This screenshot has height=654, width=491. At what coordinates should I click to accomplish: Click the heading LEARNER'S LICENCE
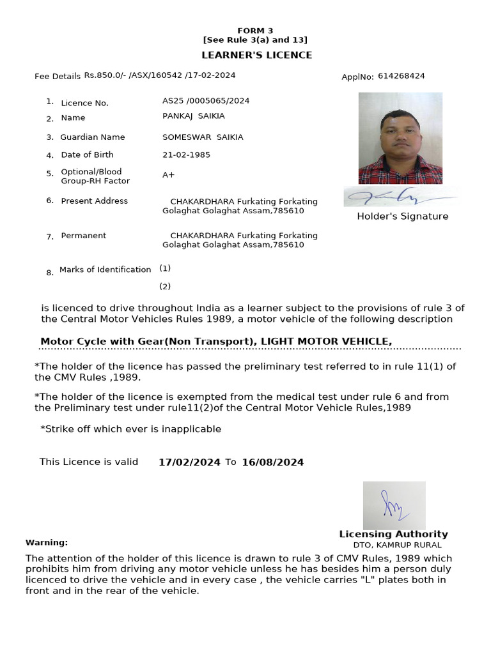pyautogui.click(x=257, y=55)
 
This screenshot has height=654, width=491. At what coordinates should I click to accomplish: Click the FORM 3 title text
pyautogui.click(x=255, y=31)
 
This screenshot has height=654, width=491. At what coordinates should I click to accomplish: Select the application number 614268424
pyautogui.click(x=401, y=76)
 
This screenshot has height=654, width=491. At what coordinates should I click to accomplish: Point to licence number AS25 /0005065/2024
pyautogui.click(x=206, y=101)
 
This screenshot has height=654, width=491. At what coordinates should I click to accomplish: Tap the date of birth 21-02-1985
pyautogui.click(x=186, y=155)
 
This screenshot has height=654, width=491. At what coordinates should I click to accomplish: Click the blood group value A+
pyautogui.click(x=168, y=175)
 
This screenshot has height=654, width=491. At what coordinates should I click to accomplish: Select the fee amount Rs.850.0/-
pyautogui.click(x=105, y=75)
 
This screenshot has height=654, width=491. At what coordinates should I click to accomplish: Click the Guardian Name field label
pyautogui.click(x=93, y=137)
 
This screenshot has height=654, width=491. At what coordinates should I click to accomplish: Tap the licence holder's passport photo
pyautogui.click(x=400, y=138)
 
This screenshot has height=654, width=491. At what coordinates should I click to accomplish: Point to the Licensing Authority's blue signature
pyautogui.click(x=393, y=505)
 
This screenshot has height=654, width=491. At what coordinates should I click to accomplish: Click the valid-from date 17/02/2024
pyautogui.click(x=189, y=462)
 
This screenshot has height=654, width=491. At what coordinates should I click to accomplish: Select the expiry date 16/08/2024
pyautogui.click(x=272, y=462)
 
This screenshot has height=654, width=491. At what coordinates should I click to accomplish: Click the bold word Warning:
pyautogui.click(x=47, y=542)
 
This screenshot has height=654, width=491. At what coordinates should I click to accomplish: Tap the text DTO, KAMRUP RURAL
pyautogui.click(x=397, y=545)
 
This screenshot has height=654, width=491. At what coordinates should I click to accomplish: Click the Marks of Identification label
pyautogui.click(x=105, y=270)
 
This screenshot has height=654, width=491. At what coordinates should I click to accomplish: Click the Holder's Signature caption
pyautogui.click(x=402, y=217)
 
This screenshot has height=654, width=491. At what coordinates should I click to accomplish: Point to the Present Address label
pyautogui.click(x=94, y=201)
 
